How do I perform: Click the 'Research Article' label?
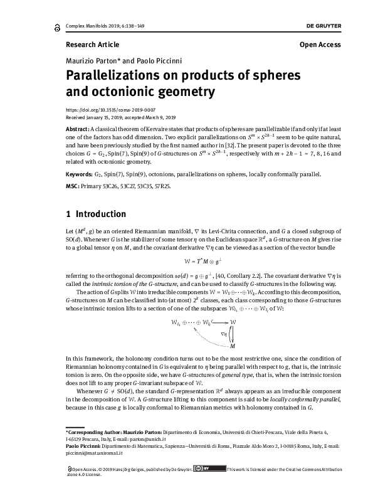tap(92, 45)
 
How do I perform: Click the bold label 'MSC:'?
tap(73, 186)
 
